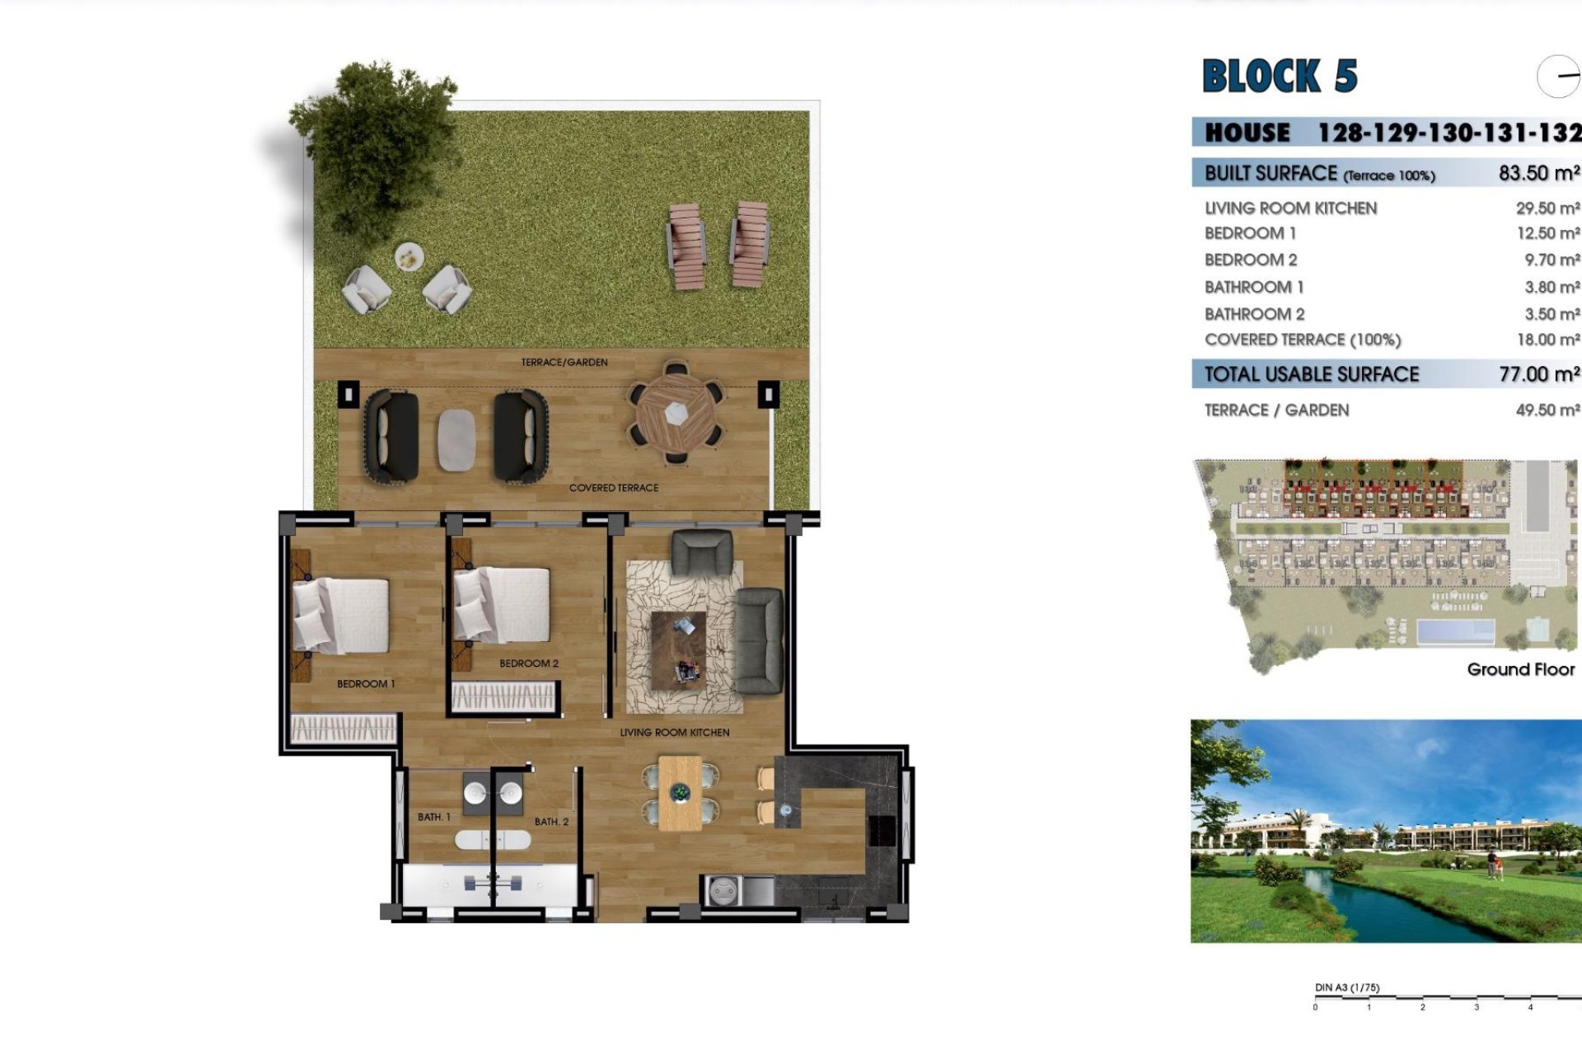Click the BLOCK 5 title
coord(1280,77)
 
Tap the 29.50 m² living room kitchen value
coord(1547,209)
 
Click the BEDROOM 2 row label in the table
coord(1250,260)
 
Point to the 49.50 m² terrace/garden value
coord(1547,410)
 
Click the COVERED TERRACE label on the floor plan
coord(613,488)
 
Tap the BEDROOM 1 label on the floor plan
coord(366,684)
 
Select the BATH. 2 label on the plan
coord(551,822)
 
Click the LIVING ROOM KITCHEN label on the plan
coord(674,733)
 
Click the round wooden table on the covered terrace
coord(676,413)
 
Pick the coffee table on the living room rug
coord(679,649)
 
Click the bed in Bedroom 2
coord(503,605)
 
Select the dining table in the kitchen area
coord(680,793)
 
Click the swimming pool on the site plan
coord(1455,631)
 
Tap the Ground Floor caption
coord(1520,669)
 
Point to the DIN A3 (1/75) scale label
coord(1347,987)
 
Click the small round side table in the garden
coord(409,257)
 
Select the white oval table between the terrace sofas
coord(456,440)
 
